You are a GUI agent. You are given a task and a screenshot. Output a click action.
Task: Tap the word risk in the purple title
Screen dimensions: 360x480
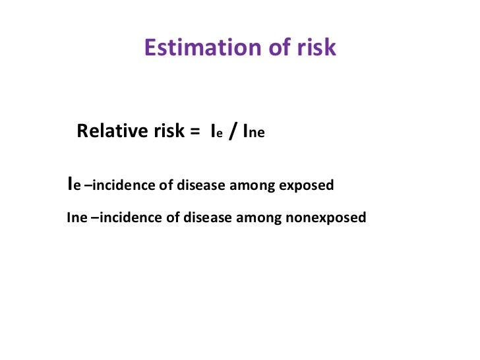tap(312, 48)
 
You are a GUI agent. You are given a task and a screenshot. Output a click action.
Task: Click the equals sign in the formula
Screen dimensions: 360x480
tap(194, 131)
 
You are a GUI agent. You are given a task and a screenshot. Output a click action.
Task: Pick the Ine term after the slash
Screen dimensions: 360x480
tap(255, 132)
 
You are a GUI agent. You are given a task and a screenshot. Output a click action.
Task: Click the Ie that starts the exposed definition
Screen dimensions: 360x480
tap(74, 185)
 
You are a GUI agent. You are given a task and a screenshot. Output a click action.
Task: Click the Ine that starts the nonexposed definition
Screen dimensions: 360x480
tap(76, 217)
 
